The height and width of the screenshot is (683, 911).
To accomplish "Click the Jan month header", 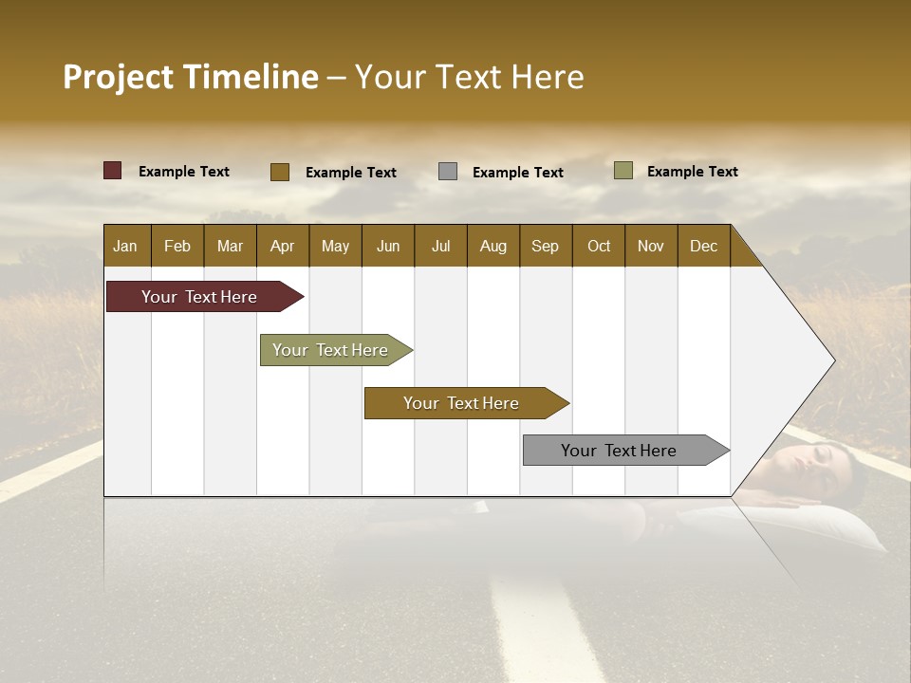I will [125, 246].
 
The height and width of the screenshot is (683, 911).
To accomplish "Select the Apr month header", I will [282, 246].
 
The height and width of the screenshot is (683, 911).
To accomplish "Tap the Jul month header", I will [440, 246].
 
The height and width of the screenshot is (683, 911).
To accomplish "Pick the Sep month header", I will [545, 246].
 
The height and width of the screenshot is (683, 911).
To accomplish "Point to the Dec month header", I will [703, 246].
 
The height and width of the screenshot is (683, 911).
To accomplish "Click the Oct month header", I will [599, 246].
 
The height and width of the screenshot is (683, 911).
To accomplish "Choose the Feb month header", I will [177, 246].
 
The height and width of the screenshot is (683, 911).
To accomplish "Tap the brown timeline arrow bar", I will [462, 403].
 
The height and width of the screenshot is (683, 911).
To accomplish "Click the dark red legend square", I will [112, 171].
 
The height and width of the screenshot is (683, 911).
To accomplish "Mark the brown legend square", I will [279, 172].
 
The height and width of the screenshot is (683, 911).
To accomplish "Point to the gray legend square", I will [448, 172].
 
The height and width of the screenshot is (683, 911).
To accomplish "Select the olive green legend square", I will [623, 171].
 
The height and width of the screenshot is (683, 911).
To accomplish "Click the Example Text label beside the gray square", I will [517, 172].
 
